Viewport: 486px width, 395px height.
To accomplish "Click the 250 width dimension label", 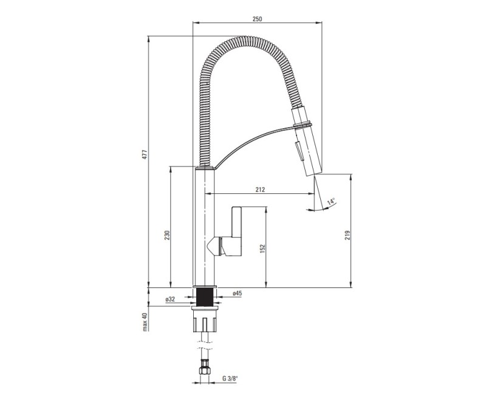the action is coord(257,19).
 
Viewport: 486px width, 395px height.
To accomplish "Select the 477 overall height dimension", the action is coord(145,154).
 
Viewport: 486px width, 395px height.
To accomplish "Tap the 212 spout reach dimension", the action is coord(261,190).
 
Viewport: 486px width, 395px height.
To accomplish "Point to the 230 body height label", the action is coord(167,235).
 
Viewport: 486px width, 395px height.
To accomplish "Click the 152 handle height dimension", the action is coord(263,249).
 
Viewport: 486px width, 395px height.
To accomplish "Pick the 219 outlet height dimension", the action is coord(347,235).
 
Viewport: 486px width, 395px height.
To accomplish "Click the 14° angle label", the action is coord(331,201).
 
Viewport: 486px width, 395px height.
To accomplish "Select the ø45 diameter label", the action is coord(237,293).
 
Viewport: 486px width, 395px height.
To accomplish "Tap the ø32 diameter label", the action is coord(170,299).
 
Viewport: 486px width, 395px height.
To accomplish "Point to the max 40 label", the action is coord(145,322).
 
